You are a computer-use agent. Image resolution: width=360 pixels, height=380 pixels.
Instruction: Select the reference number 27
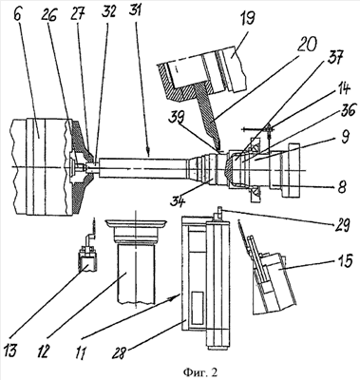79,13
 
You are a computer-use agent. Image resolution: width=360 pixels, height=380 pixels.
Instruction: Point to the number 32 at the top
108,11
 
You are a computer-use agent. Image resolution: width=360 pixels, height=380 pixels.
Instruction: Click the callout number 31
136,11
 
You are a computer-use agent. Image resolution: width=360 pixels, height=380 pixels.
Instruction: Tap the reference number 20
308,46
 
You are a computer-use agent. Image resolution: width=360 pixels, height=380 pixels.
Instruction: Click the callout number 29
341,226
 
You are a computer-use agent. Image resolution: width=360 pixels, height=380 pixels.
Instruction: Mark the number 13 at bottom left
11,351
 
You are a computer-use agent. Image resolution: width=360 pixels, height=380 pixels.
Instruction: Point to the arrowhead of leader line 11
176,297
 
